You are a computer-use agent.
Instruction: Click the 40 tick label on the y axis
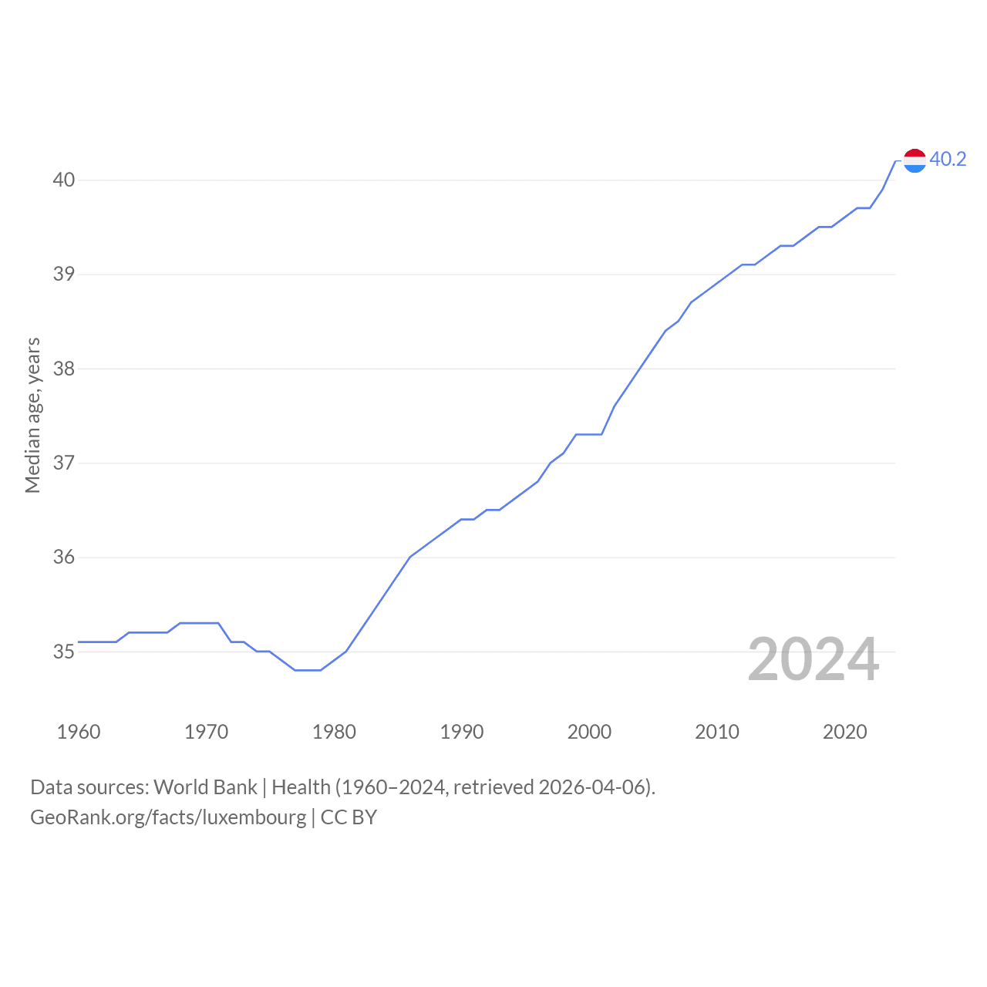(x=63, y=180)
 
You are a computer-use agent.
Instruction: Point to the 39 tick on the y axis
(x=63, y=274)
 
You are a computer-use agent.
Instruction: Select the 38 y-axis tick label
(x=63, y=369)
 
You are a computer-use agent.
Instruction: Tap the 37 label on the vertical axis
(x=63, y=463)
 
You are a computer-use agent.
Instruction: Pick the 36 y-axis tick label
(x=63, y=557)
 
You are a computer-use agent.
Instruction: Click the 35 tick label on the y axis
(x=63, y=652)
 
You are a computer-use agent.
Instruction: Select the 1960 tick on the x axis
(x=79, y=732)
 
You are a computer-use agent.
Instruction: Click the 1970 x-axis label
(x=206, y=732)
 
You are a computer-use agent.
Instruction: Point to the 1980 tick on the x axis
(x=334, y=732)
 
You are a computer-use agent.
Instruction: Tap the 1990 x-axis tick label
(x=461, y=732)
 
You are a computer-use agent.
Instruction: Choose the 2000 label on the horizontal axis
(x=589, y=732)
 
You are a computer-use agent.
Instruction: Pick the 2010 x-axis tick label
(x=716, y=732)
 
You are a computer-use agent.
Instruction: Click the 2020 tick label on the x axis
(x=844, y=732)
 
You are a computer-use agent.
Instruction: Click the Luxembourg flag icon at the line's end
(x=915, y=161)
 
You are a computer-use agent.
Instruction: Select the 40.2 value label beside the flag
(x=948, y=160)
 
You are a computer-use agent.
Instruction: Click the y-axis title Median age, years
(x=33, y=416)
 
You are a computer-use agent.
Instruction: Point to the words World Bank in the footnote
(x=205, y=787)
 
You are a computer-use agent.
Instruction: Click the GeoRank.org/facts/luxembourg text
(x=168, y=817)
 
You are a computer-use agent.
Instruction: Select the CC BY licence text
(x=349, y=817)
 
